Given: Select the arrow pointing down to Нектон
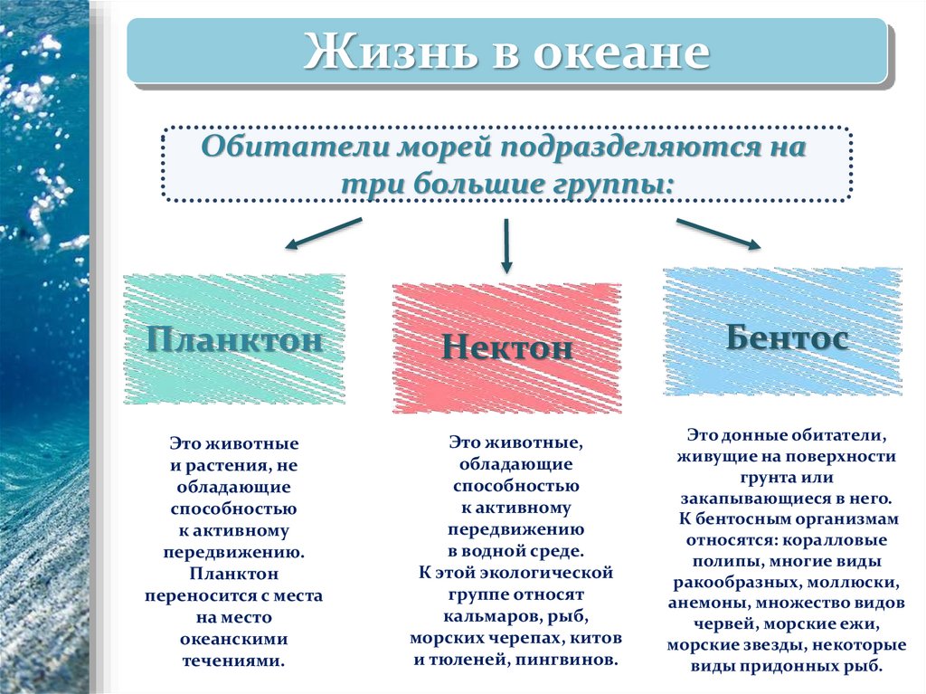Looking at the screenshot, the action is click(x=506, y=245).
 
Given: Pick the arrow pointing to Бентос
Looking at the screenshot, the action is click(x=718, y=233).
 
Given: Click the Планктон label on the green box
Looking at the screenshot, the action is click(x=234, y=340).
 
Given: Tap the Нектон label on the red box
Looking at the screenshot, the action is click(x=507, y=348).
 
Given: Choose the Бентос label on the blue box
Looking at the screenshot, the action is click(x=786, y=337).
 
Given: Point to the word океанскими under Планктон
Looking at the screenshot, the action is click(x=233, y=639).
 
